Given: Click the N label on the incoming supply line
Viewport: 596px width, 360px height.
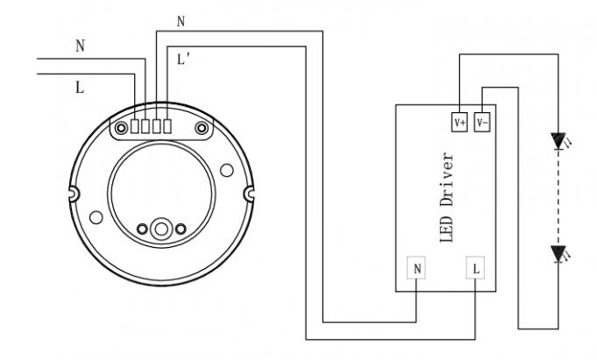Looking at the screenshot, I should [80, 46].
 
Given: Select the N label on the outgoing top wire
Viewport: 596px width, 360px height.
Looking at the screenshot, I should [181, 22].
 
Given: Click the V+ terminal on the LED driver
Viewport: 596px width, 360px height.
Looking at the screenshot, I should [460, 123].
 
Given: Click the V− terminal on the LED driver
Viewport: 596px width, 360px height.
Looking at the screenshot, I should [482, 123].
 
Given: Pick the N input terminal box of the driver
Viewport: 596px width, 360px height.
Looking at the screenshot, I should [418, 269].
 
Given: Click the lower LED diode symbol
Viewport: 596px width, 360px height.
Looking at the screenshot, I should [557, 254].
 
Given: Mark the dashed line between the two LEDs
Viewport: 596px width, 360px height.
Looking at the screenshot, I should [557, 196].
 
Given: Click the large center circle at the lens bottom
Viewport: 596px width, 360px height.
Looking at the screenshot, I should [161, 229].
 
